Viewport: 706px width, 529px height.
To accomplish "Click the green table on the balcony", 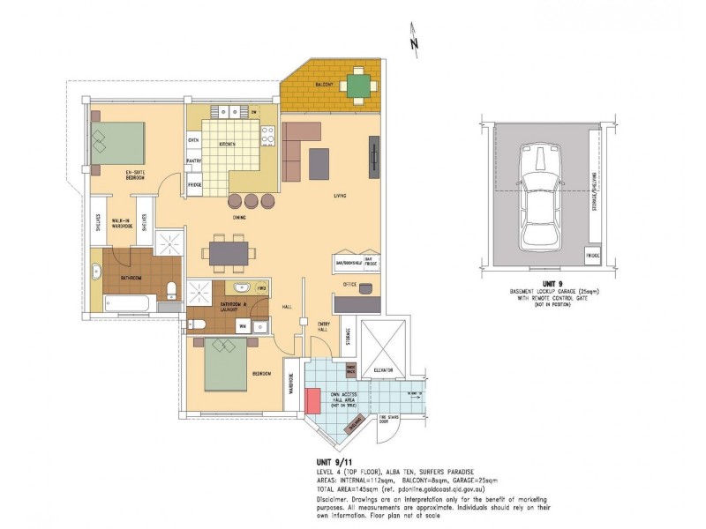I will point(358,85).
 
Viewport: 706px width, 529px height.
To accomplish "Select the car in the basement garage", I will point(538,195).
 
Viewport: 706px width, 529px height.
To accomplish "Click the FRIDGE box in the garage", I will point(593,255).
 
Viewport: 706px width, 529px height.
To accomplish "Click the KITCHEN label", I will point(227,144).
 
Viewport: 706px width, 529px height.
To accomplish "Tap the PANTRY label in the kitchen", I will point(194,161).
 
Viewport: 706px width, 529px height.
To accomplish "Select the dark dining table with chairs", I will point(232,253).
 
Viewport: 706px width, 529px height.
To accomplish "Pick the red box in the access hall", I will point(313,399).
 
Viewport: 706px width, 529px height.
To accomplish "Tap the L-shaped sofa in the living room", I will point(300,145).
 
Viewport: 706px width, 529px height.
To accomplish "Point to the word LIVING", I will point(339,196).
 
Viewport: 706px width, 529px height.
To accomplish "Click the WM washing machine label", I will point(242,326).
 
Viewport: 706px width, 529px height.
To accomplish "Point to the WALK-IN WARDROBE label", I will point(122,224).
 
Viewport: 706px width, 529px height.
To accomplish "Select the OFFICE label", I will point(349,285).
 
